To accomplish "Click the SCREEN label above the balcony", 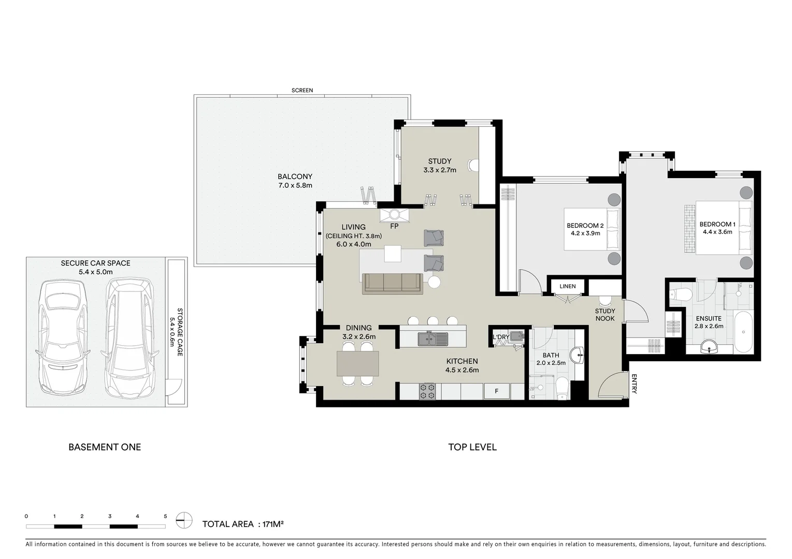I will pos(302,90).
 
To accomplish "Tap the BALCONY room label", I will pos(295,176).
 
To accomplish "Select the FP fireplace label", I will pos(394,226).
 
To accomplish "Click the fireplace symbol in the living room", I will pos(394,214).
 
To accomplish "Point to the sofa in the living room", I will pos(392,283).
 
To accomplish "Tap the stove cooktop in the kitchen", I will pos(427,391).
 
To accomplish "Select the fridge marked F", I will pos(496,391).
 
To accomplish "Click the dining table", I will pos(357,363).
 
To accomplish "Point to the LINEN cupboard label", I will pos(568,286).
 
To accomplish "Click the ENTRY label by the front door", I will pos(634,385).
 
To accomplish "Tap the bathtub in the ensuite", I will pos(744,332).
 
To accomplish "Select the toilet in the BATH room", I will pos(561,388).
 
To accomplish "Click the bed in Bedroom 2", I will pos(592,229).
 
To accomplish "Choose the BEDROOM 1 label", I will pos(717,224).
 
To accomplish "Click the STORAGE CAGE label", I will pos(180,332).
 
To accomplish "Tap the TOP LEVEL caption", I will pos(472,447).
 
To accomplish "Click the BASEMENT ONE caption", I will pos(105,447).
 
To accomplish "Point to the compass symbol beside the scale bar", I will pos(184,520).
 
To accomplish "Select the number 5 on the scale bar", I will pos(165,516).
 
